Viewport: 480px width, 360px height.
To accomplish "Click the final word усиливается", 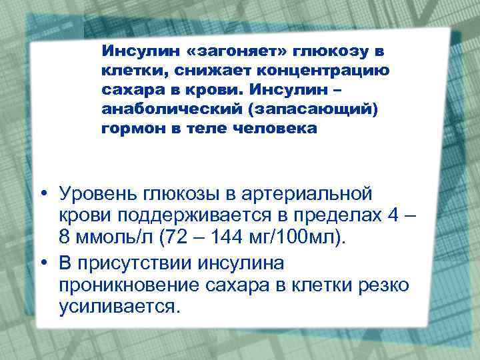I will tap(119, 307).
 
